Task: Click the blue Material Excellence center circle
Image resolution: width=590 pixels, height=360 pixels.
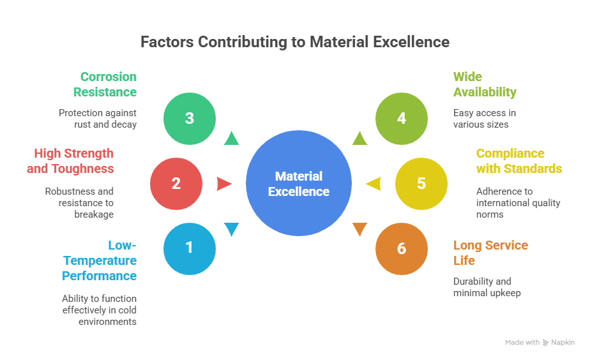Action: coord(299,184)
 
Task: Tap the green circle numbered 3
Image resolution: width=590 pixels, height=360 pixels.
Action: coord(189,119)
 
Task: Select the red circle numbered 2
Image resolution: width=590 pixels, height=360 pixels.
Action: coord(176,184)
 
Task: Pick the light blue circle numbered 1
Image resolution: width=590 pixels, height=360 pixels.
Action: coord(189,248)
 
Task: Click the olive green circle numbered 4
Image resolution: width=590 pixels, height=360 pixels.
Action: coord(401,119)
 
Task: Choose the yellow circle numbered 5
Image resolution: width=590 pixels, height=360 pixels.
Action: coord(421,184)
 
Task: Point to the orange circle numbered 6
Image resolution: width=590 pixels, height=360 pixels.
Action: coord(401,248)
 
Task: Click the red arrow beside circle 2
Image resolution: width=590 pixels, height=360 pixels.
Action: coord(224,184)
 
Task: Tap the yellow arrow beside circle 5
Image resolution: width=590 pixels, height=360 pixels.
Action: coord(373,184)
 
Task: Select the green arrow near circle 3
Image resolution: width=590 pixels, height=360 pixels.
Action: coord(231,138)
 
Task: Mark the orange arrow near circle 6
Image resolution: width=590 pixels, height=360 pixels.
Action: coord(359,229)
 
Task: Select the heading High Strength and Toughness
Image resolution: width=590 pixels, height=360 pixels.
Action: coord(70,161)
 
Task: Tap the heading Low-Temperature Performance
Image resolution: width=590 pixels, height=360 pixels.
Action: coord(100,260)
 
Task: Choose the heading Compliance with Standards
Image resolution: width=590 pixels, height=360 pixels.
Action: coord(519,161)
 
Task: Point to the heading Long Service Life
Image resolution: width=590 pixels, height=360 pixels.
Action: coord(490,253)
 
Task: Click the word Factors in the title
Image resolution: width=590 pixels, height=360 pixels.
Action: coord(167,42)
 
